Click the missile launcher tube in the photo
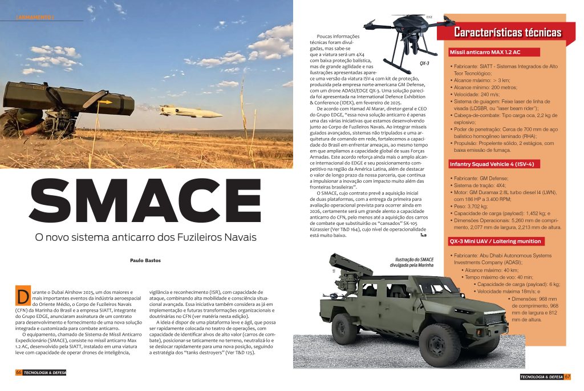(x=68, y=100)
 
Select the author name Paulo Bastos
(x=145, y=260)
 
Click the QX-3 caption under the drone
(x=424, y=64)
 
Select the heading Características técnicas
(x=500, y=33)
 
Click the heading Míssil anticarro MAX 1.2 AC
(x=485, y=52)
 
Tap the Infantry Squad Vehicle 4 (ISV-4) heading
(x=492, y=164)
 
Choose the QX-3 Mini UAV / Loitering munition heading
(x=496, y=241)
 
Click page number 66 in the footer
(x=19, y=372)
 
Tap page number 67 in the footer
(x=567, y=376)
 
